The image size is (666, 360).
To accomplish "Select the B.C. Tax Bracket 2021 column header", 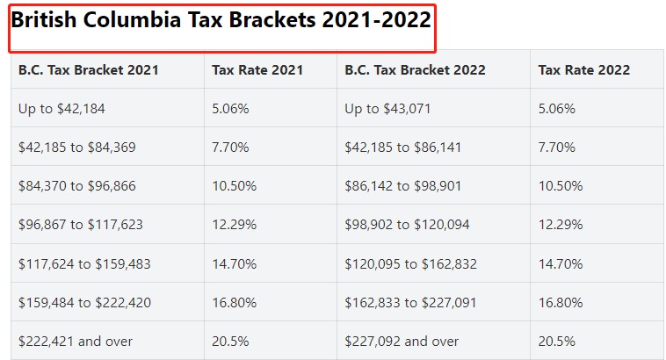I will click(x=89, y=69).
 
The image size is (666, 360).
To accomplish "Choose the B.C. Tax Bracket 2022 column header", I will click(x=415, y=69).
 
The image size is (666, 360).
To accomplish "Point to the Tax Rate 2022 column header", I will click(x=584, y=69).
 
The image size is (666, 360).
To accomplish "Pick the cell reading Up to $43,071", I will click(x=388, y=109).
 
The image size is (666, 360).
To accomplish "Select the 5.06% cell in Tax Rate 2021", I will click(x=230, y=109).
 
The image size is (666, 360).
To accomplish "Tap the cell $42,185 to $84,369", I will click(x=76, y=148).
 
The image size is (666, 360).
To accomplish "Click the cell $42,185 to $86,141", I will click(x=403, y=148).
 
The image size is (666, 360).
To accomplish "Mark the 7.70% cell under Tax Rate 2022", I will click(x=557, y=148).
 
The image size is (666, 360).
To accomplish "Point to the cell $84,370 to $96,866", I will click(x=76, y=186).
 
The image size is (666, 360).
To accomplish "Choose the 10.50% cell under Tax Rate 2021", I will click(x=234, y=186).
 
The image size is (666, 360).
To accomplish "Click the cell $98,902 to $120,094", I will click(x=407, y=225).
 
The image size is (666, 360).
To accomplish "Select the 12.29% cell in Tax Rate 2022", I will click(x=561, y=225).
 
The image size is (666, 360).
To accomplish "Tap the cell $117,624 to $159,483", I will click(x=83, y=263).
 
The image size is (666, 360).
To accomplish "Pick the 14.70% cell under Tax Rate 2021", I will click(x=234, y=263).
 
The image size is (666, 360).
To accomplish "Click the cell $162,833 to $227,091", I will click(x=410, y=303).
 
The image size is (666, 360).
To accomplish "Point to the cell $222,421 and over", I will click(x=75, y=342).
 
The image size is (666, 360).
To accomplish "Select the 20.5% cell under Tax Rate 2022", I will click(x=557, y=342).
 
